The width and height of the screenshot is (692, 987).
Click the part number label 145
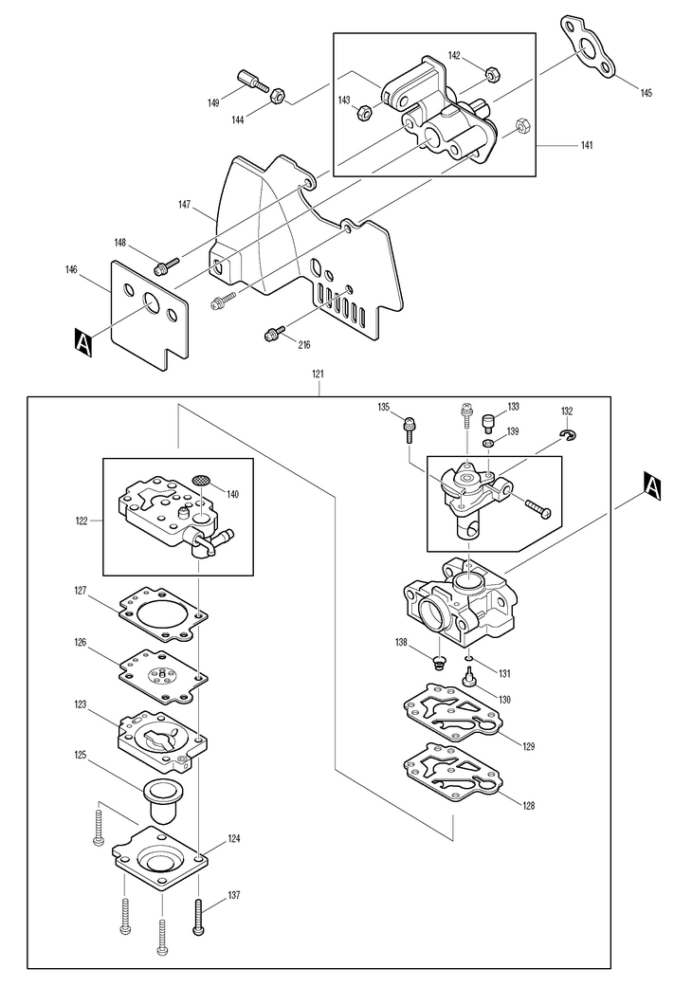click(x=646, y=93)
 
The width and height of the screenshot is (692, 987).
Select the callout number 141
click(x=587, y=145)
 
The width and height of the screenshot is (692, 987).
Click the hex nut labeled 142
click(x=492, y=73)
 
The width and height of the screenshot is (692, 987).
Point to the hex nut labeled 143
click(x=362, y=114)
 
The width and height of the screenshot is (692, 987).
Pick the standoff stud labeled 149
click(x=253, y=82)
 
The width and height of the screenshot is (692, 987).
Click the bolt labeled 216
click(x=275, y=333)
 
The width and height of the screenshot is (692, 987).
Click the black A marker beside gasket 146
click(x=83, y=341)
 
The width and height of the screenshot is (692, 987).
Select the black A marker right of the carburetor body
click(x=652, y=484)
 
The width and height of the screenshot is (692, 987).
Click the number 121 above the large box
click(x=319, y=374)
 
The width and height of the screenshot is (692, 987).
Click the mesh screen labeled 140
click(x=201, y=480)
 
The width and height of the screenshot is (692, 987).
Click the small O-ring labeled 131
click(x=469, y=660)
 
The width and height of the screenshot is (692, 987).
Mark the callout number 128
click(x=528, y=805)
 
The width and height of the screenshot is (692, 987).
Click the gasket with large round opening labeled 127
click(x=164, y=613)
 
